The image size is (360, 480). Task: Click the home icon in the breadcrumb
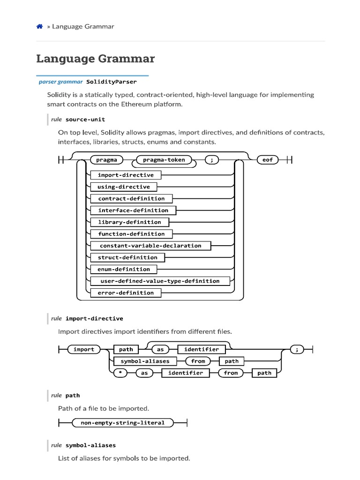pyautogui.click(x=40, y=27)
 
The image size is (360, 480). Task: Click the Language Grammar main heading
pyautogui.click(x=95, y=59)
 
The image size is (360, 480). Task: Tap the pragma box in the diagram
pyautogui.click(x=106, y=160)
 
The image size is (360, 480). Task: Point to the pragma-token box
pyautogui.click(x=164, y=160)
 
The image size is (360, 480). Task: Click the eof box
pyautogui.click(x=268, y=160)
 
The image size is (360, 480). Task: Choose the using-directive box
pyautogui.click(x=124, y=187)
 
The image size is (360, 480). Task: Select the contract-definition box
pyautogui.click(x=131, y=198)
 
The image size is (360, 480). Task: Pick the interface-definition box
pyautogui.click(x=133, y=210)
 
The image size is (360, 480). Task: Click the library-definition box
pyautogui.click(x=129, y=222)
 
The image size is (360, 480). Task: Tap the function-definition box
pyautogui.click(x=131, y=234)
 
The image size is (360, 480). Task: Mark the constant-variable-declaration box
pyautogui.click(x=150, y=246)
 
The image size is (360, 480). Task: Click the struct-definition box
pyautogui.click(x=127, y=257)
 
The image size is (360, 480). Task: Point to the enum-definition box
pyautogui.click(x=124, y=269)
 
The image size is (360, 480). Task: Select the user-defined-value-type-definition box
pyautogui.click(x=160, y=281)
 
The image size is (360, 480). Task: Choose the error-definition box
pyautogui.click(x=126, y=293)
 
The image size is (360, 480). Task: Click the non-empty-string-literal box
pyautogui.click(x=123, y=423)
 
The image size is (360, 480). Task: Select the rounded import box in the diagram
pyautogui.click(x=84, y=349)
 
